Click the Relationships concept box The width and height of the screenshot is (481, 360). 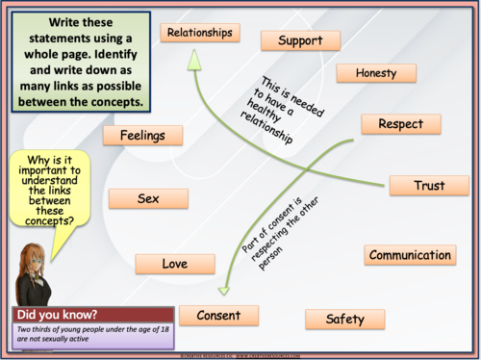point(200,33)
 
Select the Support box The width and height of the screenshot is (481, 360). point(300,40)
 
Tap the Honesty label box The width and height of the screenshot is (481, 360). point(375,73)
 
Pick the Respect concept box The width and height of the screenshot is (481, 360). point(400,124)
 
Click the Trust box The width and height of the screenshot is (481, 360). point(428,185)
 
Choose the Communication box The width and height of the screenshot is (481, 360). point(410,255)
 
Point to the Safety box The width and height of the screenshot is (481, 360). point(344,319)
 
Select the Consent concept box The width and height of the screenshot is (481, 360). point(218,315)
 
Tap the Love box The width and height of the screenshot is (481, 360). point(174,264)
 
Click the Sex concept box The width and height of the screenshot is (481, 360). point(147,198)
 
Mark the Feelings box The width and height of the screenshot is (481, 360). point(142,136)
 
